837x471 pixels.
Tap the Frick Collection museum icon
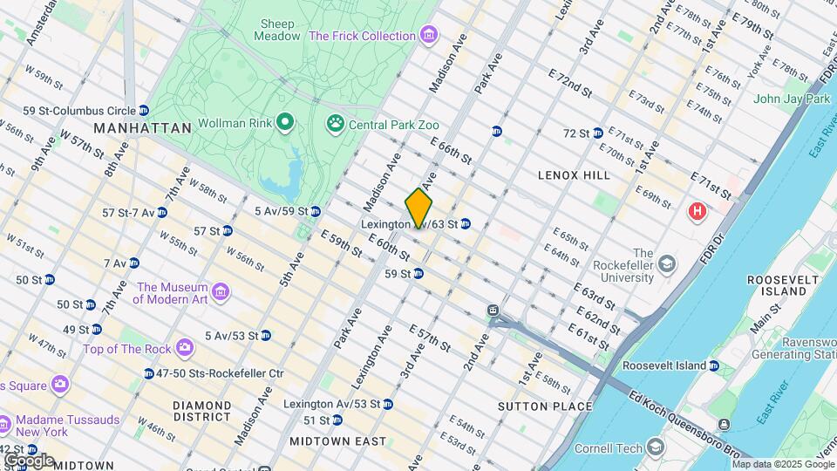click(x=427, y=36)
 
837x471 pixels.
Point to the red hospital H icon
click(x=697, y=211)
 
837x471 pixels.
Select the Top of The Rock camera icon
click(x=184, y=349)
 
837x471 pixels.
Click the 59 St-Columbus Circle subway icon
click(x=143, y=111)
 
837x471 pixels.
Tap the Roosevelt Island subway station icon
click(x=713, y=366)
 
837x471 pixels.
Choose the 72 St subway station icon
click(x=597, y=133)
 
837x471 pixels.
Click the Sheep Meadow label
click(x=275, y=30)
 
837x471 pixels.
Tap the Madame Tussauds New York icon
click(x=4, y=425)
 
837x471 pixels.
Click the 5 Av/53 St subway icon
click(x=265, y=336)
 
